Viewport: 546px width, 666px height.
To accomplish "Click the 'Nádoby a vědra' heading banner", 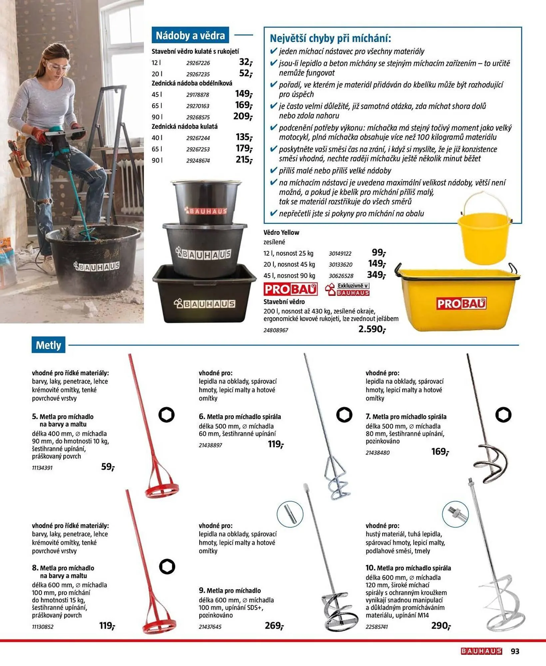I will click(x=190, y=35).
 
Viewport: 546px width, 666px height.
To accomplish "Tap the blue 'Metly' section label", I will click(x=48, y=345).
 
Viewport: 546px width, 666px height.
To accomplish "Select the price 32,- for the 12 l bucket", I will click(x=246, y=62).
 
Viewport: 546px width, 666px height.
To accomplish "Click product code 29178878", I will click(x=198, y=95).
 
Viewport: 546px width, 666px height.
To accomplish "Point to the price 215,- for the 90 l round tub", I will click(x=244, y=160).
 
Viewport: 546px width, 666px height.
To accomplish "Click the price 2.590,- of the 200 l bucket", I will click(x=372, y=329).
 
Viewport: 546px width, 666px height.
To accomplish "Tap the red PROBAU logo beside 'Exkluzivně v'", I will click(x=290, y=289).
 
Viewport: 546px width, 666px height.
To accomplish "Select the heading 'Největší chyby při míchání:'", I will click(x=330, y=39).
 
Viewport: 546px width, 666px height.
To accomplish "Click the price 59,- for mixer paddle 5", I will click(x=108, y=467).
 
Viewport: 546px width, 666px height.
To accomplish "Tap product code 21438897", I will click(x=210, y=445).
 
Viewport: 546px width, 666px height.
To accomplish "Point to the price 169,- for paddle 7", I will click(x=440, y=452).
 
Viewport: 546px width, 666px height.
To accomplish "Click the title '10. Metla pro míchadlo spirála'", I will click(x=408, y=568).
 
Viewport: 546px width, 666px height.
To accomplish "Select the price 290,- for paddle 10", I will click(x=441, y=626).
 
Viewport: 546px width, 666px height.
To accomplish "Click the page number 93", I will click(x=515, y=651).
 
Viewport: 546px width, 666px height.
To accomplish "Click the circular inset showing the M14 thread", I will click(x=455, y=514).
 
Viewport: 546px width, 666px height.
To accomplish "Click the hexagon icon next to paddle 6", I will click(x=344, y=415).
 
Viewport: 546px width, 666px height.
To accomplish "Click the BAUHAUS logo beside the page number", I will click(x=481, y=651).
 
